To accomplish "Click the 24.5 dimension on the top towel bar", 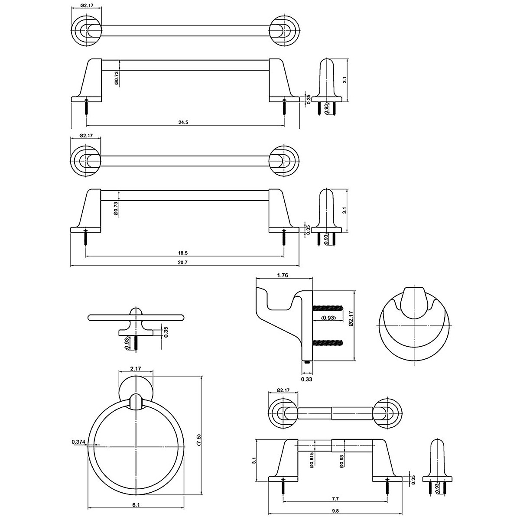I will [183, 122].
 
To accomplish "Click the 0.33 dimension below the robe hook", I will [307, 380].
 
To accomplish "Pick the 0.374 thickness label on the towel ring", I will [78, 442].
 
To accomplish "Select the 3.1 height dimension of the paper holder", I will [254, 459].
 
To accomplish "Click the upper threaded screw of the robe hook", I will [328, 309].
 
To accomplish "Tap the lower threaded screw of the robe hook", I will [328, 343].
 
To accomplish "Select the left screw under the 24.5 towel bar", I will [87, 106].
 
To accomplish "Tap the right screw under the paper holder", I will [387, 487].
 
